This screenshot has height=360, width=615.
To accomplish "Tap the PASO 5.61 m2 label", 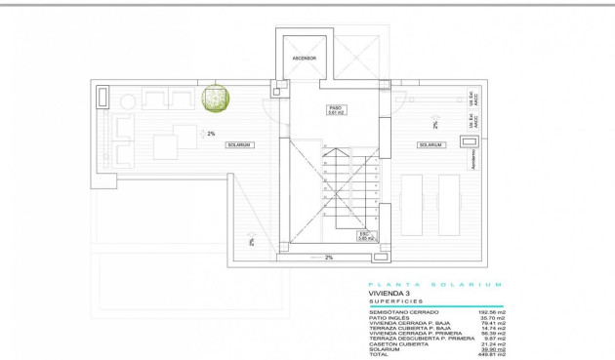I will [336, 111].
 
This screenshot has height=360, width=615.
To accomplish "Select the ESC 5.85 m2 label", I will [364, 235].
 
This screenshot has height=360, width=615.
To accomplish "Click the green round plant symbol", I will [215, 98].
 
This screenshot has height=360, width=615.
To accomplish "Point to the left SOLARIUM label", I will [239, 144].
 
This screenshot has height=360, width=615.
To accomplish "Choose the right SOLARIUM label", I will [431, 144].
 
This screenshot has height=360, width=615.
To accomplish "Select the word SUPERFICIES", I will [389, 301].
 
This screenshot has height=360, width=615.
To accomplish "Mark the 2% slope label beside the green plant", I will [211, 133].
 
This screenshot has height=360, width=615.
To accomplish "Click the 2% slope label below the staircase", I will [329, 258].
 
